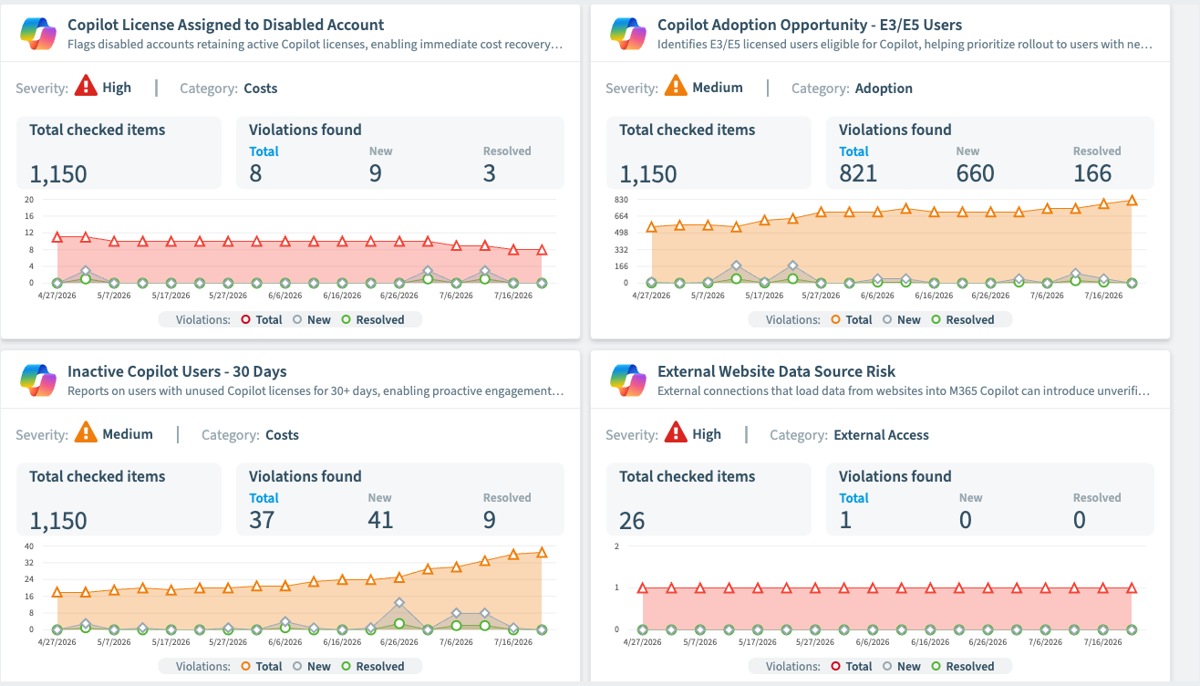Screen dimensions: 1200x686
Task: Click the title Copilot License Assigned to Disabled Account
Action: tap(225, 25)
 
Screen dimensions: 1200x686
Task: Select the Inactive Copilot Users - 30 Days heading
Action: tap(177, 371)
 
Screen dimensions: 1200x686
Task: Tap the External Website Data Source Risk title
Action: tap(776, 371)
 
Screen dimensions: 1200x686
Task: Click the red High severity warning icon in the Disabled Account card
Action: tap(86, 86)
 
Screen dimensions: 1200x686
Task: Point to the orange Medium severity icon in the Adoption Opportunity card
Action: tap(676, 86)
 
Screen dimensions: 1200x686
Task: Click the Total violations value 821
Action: tap(858, 173)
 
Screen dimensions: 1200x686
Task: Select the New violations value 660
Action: tap(975, 173)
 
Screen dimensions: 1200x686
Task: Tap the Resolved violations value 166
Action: tap(1092, 173)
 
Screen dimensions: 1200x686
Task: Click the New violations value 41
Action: tap(380, 520)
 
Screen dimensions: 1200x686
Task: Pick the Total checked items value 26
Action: tap(632, 521)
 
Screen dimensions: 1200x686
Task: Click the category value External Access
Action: tap(881, 434)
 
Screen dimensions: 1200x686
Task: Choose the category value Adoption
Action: tap(884, 88)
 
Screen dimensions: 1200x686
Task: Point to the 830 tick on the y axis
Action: tap(621, 200)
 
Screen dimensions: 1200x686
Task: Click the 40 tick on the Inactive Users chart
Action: tap(29, 546)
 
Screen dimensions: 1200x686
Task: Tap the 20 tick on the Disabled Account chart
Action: tap(29, 200)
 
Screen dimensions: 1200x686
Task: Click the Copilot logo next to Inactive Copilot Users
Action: tap(38, 380)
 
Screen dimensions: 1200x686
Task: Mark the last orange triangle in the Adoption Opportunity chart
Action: tap(1132, 201)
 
